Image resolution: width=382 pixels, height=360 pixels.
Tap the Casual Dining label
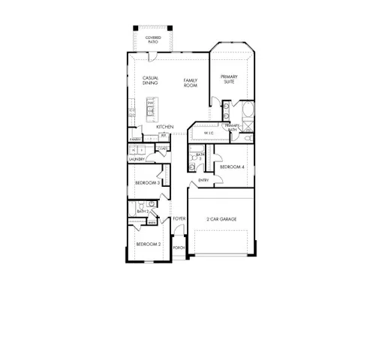150,80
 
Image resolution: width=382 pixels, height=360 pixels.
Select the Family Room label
191,83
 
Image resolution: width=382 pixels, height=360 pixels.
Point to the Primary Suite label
228,79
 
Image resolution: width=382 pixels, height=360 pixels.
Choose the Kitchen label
165,127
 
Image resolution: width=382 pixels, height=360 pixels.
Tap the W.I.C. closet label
209,133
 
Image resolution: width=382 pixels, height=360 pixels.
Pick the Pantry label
135,139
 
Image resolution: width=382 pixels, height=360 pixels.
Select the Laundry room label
137,159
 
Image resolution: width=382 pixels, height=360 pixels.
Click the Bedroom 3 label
147,183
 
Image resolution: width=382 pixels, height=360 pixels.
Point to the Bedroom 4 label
232,166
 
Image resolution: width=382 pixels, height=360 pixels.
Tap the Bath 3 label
200,156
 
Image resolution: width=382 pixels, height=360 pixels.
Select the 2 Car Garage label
221,219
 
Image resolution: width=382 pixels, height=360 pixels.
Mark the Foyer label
179,218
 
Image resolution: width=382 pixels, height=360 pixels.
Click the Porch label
179,247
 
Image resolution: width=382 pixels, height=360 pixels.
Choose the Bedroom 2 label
148,244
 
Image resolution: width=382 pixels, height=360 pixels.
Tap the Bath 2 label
143,212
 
